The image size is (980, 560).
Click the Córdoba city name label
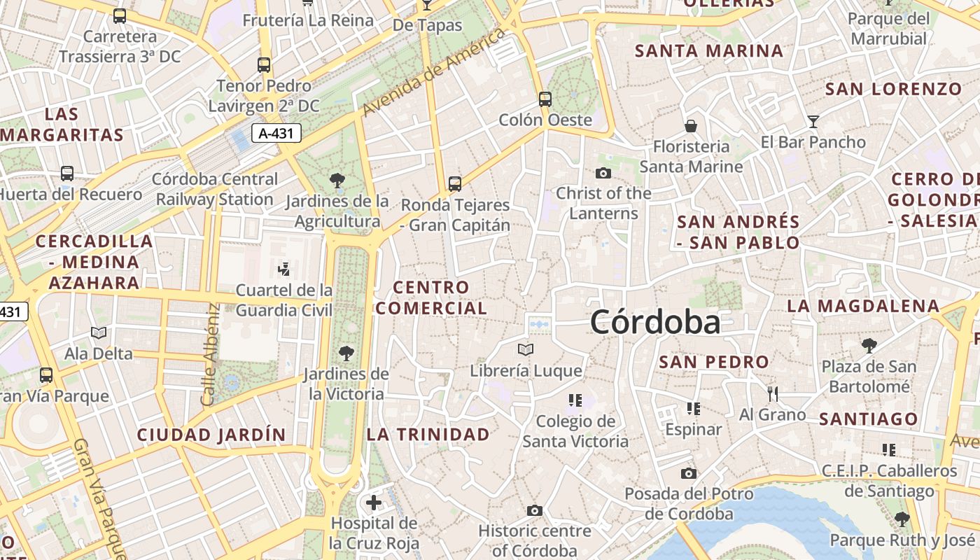pos(655,323)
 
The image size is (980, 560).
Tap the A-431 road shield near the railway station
pos(276,133)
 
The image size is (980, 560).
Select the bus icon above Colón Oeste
pos(545,99)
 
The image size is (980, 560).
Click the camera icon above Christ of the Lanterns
pos(603,173)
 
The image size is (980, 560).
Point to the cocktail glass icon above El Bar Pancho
pos(813,122)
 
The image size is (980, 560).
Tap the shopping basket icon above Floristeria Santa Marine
pos(691,126)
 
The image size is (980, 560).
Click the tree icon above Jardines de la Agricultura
pos(337,181)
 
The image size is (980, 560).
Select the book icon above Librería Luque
pos(526,349)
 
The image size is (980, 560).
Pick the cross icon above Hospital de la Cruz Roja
pos(374,502)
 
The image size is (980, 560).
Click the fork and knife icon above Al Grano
pos(773,393)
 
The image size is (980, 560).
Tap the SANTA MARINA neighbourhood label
pos(708,51)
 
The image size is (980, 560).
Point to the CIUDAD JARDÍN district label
pos(211,435)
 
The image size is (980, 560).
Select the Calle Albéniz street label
pos(209,356)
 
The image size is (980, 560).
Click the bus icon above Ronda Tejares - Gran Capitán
pos(455,184)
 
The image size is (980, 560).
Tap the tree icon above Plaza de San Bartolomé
pos(869,345)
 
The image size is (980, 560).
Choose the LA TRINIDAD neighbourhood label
pos(428,435)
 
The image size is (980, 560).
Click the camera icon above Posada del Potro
pos(689,474)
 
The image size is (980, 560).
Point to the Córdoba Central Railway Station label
pos(215,190)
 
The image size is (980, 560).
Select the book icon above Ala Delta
pos(99,332)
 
